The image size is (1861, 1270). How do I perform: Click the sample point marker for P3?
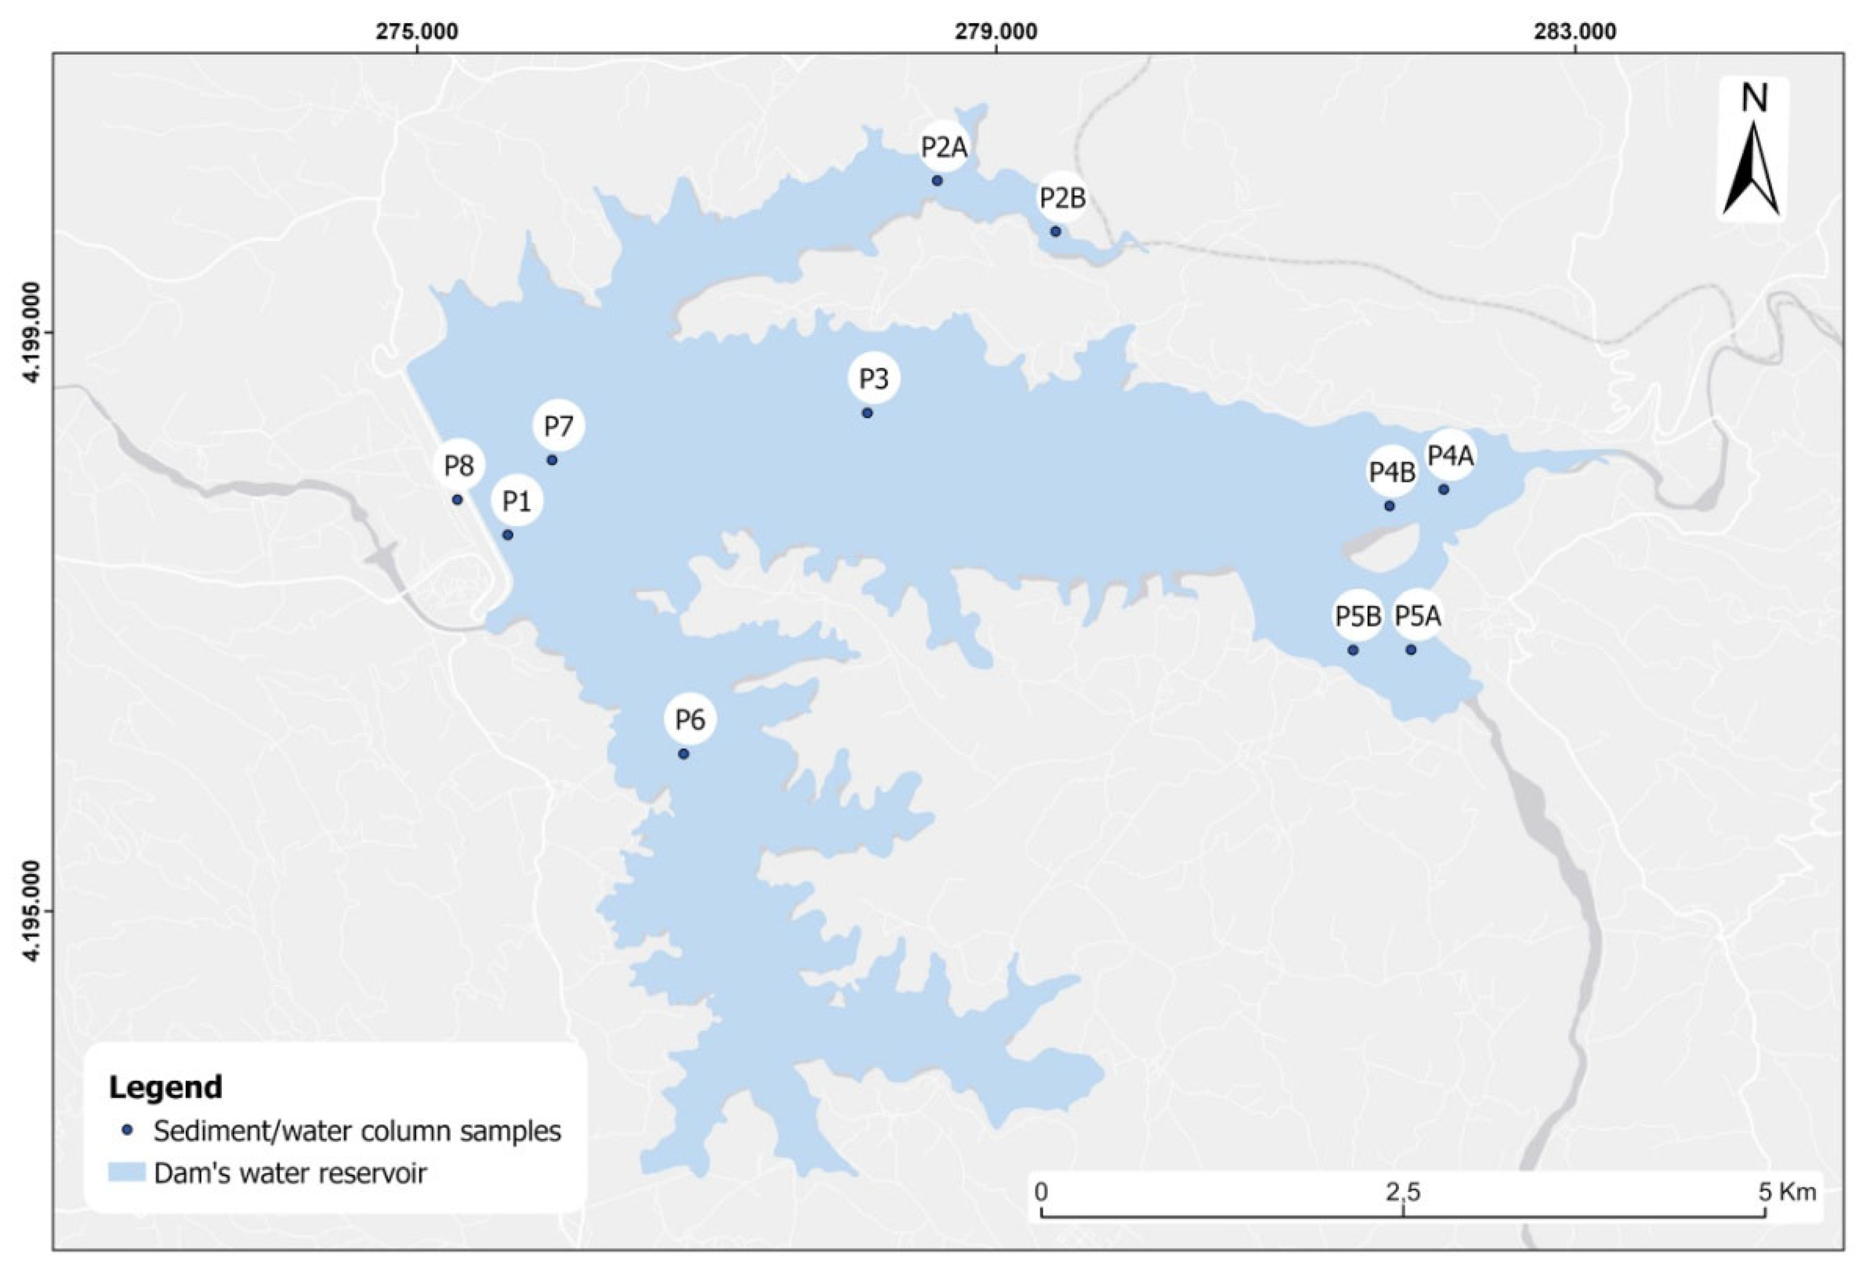tap(866, 412)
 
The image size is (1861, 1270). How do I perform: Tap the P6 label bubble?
tap(689, 720)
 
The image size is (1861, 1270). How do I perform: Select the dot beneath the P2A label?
tap(937, 180)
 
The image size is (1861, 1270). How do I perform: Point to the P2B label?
tap(1062, 198)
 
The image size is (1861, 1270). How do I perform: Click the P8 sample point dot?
tap(457, 499)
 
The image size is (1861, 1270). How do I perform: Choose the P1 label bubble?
tap(517, 501)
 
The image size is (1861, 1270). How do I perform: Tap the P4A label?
tap(1451, 455)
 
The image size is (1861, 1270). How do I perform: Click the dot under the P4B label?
tap(1390, 506)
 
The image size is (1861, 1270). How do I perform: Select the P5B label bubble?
tap(1358, 616)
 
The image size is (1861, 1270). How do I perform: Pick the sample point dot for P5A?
tap(1411, 650)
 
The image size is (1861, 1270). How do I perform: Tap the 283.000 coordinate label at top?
tap(1574, 31)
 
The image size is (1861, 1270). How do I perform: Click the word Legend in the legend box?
tap(165, 1087)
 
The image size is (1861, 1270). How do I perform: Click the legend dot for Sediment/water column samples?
tap(126, 1131)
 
